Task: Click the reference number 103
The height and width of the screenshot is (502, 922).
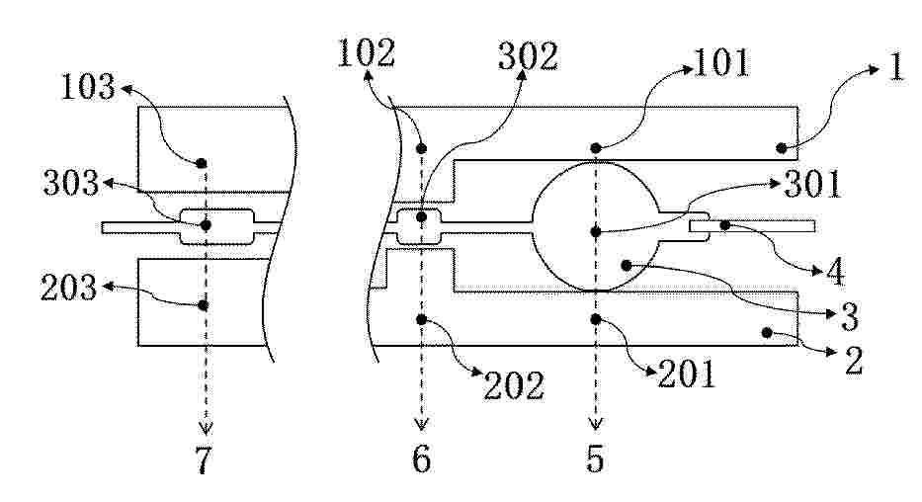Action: pos(88,87)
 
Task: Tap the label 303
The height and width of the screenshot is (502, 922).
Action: pos(71,184)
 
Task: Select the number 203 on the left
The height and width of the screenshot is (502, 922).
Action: pos(68,288)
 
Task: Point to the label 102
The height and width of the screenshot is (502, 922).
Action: pos(366,53)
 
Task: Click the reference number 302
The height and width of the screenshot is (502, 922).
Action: pos(528,57)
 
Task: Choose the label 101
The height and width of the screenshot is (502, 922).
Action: pos(722,63)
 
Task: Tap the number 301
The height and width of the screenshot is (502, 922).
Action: pos(813,184)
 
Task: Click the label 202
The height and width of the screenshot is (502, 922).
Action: pos(513,386)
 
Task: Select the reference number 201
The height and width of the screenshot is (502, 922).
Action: pos(686,374)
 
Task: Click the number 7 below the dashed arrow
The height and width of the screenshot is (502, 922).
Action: pos(204,460)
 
